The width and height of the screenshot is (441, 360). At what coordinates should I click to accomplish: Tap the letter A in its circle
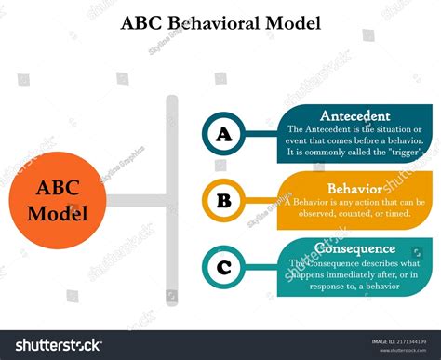(x=223, y=135)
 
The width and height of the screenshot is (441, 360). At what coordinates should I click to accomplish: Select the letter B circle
(x=223, y=199)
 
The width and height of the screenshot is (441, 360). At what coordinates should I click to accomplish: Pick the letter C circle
(x=223, y=269)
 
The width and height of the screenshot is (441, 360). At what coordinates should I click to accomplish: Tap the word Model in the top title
(x=293, y=23)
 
